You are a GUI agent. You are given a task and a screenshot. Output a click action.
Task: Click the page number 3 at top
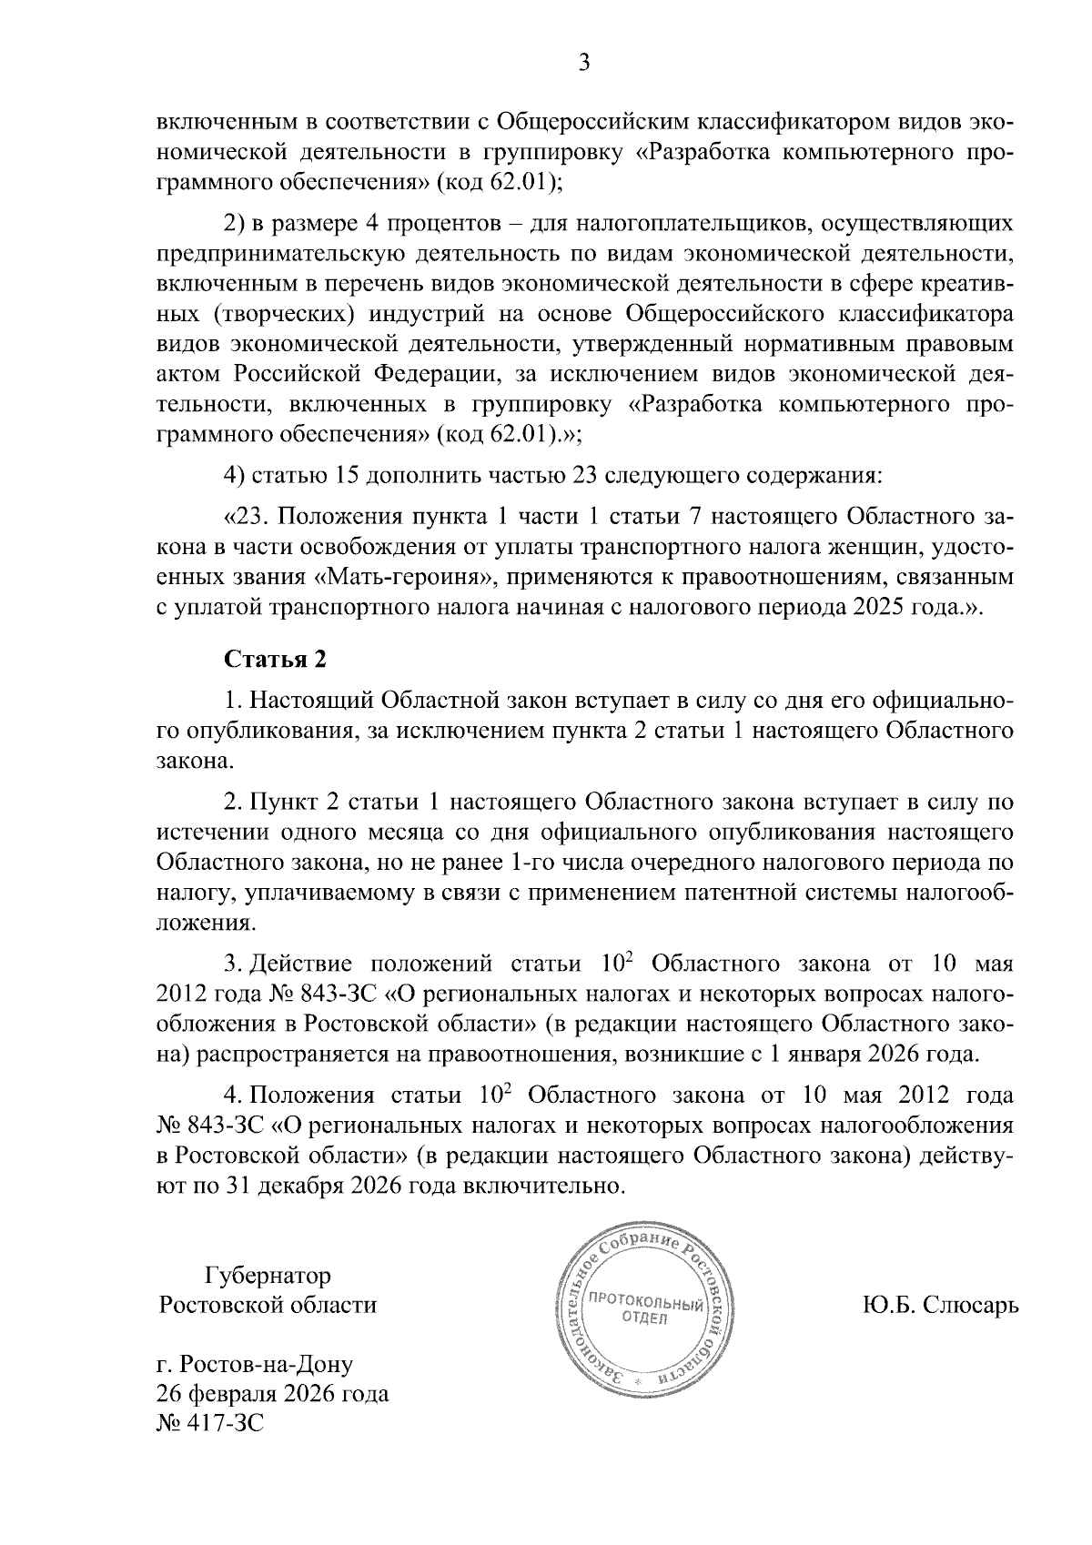[584, 63]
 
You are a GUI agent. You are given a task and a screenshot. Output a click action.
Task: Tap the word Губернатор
[268, 1275]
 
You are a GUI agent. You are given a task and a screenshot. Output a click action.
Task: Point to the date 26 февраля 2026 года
[272, 1394]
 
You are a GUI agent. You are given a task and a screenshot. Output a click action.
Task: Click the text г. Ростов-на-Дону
[255, 1364]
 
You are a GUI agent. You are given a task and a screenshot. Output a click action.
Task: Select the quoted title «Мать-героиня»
[403, 577]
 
